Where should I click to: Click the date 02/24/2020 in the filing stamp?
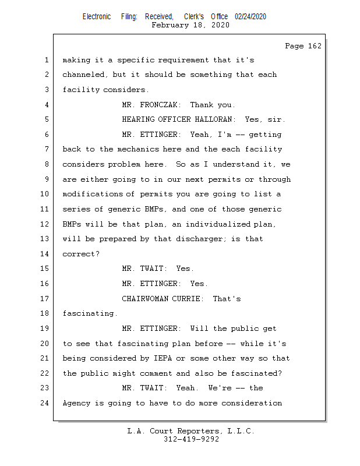pos(250,17)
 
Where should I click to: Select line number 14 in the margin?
pos(46,254)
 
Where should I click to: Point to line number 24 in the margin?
pos(46,403)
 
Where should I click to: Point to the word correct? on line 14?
pos(81,254)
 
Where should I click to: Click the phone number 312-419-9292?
pos(191,440)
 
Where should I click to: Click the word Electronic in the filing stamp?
pos(97,17)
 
